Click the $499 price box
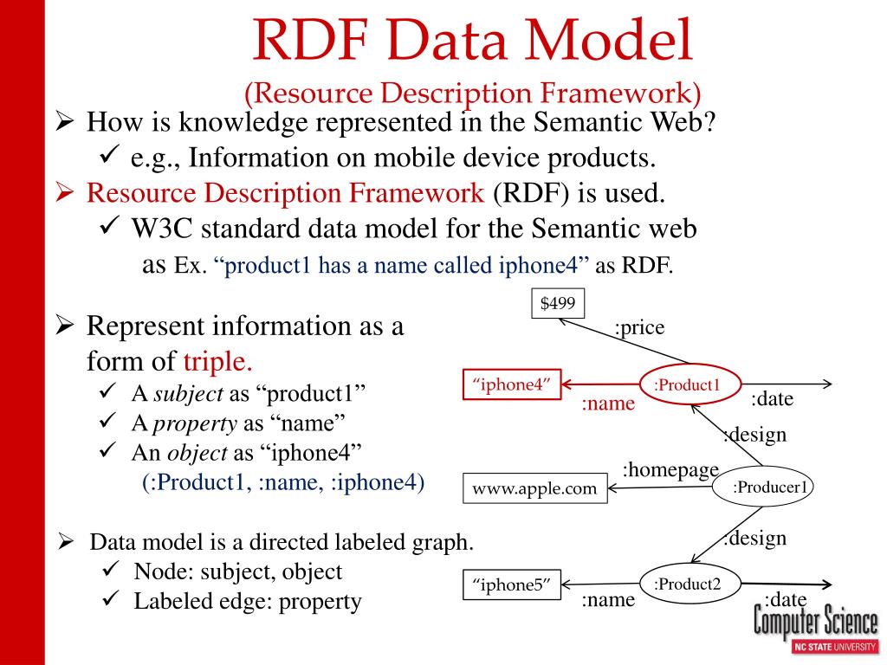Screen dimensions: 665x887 pos(558,304)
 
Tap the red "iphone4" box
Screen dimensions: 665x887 pos(512,385)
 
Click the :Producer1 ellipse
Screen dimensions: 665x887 pos(765,487)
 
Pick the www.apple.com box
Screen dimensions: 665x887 pos(534,488)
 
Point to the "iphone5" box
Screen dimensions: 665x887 pos(512,585)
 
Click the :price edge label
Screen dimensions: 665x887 pos(639,328)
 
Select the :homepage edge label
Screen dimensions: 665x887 pos(670,469)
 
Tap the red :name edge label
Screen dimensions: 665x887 pos(607,404)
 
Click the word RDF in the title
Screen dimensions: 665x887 pos(310,42)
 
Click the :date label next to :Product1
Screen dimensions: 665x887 pos(772,399)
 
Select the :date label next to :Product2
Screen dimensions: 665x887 pos(785,600)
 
